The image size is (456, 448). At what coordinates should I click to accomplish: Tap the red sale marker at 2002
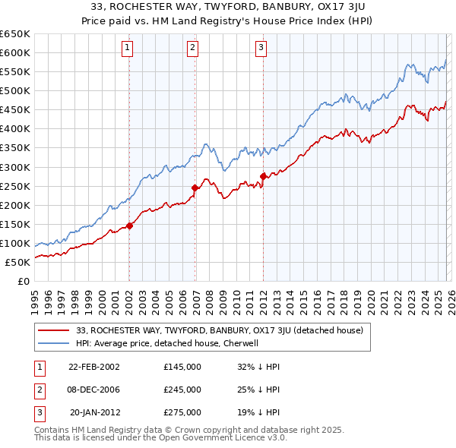click(x=129, y=226)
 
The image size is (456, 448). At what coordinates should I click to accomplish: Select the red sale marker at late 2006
click(x=195, y=188)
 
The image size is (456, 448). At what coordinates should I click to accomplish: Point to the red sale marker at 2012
click(x=263, y=176)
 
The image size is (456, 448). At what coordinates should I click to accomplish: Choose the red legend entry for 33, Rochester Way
click(x=220, y=330)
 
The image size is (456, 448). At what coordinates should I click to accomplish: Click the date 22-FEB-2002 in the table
click(x=94, y=367)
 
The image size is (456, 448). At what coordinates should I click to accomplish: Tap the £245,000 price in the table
click(x=182, y=390)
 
